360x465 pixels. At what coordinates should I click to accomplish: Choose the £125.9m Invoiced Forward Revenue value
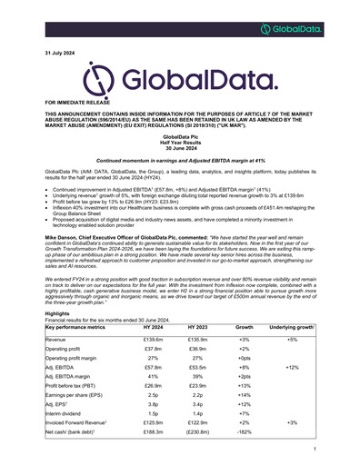(152, 421)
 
